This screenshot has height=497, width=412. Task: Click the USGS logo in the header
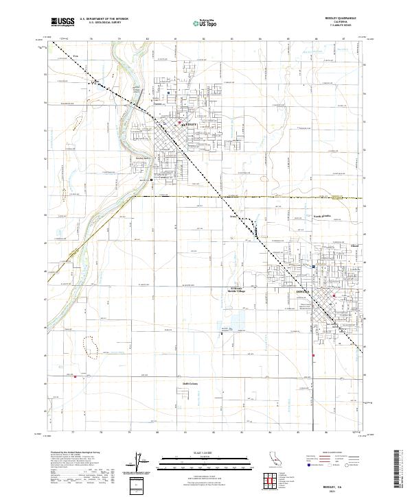click(63, 22)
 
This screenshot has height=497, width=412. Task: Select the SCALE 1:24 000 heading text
click(190, 452)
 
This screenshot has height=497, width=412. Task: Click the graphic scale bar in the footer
click(190, 461)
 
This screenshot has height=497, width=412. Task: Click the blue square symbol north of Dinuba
click(313, 267)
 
